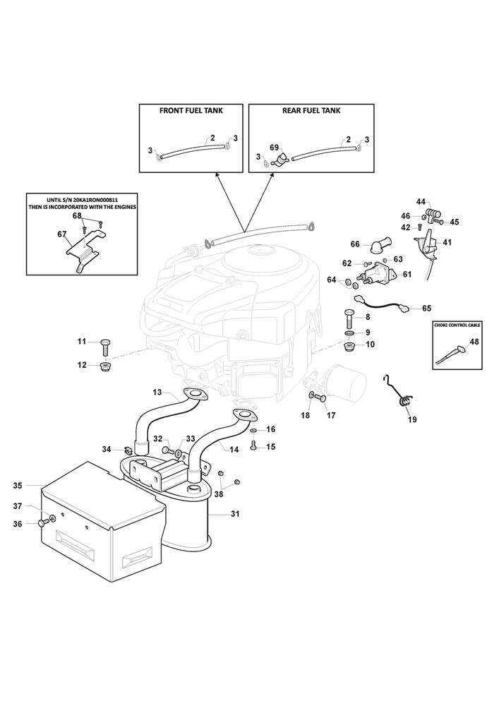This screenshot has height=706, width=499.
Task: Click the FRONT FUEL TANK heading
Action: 191,111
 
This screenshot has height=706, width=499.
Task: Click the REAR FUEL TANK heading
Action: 311,111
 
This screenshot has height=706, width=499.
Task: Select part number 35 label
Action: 18,485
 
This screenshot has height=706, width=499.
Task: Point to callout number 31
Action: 235,514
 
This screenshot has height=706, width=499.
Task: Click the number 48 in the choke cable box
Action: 474,342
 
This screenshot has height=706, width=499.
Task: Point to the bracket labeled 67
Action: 84,244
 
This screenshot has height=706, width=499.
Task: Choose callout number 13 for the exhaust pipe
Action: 157,392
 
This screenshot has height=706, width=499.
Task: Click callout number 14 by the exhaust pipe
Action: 234,449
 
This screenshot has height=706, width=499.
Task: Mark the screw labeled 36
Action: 44,522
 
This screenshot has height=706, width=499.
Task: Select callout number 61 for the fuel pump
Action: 407,275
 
